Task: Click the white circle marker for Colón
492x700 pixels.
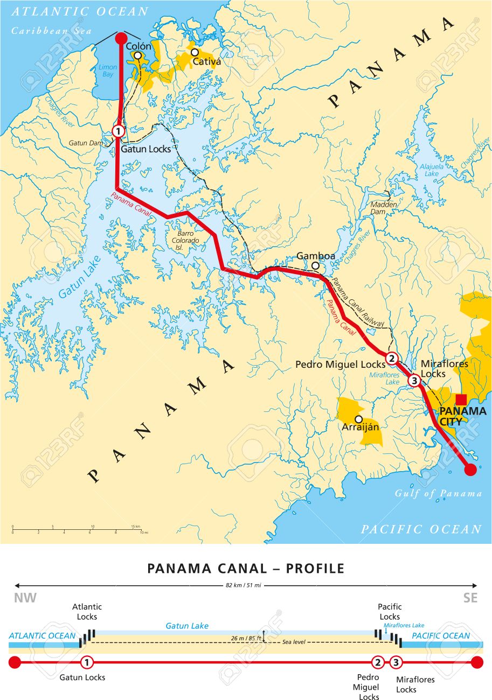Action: click(138, 55)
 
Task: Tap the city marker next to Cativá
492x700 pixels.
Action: click(194, 53)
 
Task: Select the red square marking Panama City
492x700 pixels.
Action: click(461, 400)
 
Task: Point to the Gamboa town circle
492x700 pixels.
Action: click(315, 265)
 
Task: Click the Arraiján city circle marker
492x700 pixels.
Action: click(358, 419)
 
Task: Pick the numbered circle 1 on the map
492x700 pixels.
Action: click(119, 131)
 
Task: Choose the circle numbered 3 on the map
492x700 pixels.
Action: click(414, 381)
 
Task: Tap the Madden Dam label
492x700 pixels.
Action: click(384, 208)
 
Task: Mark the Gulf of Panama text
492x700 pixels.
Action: click(438, 493)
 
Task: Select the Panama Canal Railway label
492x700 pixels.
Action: click(358, 303)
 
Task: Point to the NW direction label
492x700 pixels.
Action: click(25, 598)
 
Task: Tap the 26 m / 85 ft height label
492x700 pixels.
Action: click(246, 639)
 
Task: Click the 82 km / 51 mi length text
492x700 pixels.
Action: click(246, 585)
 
